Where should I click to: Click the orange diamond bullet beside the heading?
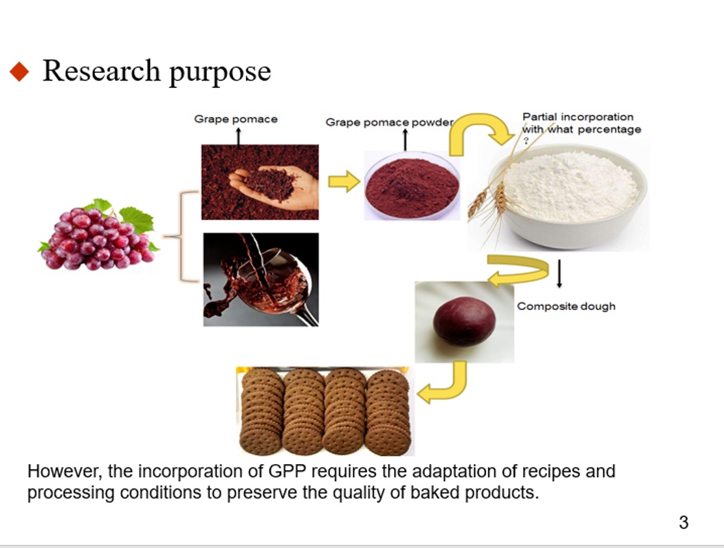click(19, 72)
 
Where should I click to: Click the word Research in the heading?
click(101, 71)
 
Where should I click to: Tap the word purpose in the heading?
click(220, 73)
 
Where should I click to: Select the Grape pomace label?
click(235, 119)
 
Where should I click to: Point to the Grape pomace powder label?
click(388, 122)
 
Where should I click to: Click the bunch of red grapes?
click(97, 234)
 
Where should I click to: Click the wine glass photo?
click(261, 279)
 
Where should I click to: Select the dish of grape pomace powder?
click(412, 186)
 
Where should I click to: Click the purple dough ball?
click(464, 321)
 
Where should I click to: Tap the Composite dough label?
click(566, 307)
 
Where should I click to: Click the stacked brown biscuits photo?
click(325, 411)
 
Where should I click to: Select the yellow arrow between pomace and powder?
click(344, 182)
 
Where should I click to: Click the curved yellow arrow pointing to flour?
click(480, 134)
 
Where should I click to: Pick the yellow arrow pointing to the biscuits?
click(442, 383)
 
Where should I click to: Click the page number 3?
click(683, 523)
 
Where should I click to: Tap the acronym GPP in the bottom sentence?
click(287, 472)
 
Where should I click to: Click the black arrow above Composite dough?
click(559, 274)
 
